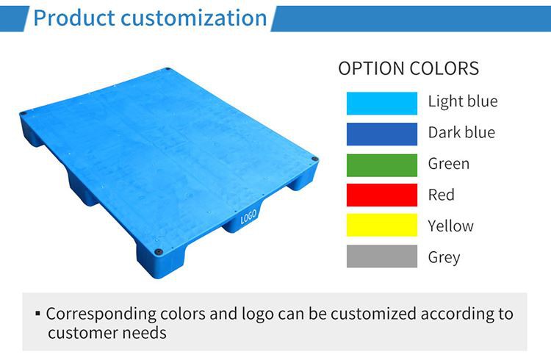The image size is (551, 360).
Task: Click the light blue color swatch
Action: click(x=381, y=102)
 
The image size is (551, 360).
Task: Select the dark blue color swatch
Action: click(x=381, y=133)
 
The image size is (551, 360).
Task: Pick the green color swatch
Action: click(x=381, y=164)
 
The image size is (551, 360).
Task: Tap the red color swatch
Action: click(x=381, y=195)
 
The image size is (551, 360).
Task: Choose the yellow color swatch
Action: click(x=381, y=226)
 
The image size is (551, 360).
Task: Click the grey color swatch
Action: click(x=381, y=257)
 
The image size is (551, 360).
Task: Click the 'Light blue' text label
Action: click(x=462, y=102)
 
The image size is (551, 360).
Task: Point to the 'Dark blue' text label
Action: click(x=461, y=133)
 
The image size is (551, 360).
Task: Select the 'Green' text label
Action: click(x=448, y=164)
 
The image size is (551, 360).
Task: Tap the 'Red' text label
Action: click(x=441, y=195)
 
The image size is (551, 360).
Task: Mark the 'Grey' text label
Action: click(x=444, y=258)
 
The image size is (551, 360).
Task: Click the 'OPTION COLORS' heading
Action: click(x=408, y=69)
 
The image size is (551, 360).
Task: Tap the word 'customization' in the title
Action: click(x=194, y=18)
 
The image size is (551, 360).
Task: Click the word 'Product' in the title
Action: click(x=73, y=18)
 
